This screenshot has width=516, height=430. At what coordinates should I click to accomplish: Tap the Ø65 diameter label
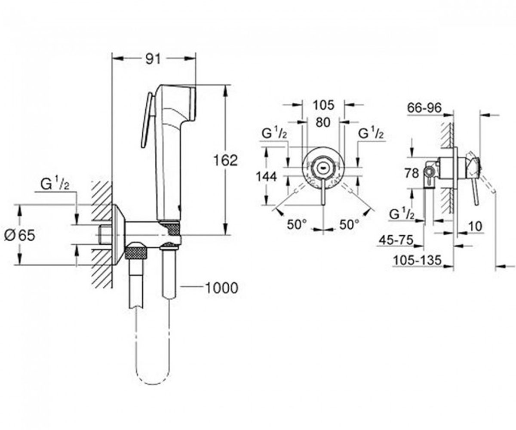20,235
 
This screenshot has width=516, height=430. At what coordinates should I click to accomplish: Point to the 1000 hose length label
222,288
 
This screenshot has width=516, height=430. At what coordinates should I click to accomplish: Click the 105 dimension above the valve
323,105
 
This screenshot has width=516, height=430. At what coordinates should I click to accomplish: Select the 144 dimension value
266,177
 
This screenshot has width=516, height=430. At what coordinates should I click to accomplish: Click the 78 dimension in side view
412,173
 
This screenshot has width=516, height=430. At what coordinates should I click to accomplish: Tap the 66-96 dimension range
424,108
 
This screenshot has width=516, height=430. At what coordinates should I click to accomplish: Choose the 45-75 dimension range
396,240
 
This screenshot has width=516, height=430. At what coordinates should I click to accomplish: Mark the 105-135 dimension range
417,260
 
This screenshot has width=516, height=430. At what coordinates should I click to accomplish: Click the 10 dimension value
475,226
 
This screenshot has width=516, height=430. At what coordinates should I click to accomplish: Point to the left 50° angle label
297,224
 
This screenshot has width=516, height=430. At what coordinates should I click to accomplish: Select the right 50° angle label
349,224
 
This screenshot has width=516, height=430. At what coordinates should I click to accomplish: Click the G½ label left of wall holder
55,184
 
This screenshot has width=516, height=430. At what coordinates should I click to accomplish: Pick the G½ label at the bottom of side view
402,214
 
